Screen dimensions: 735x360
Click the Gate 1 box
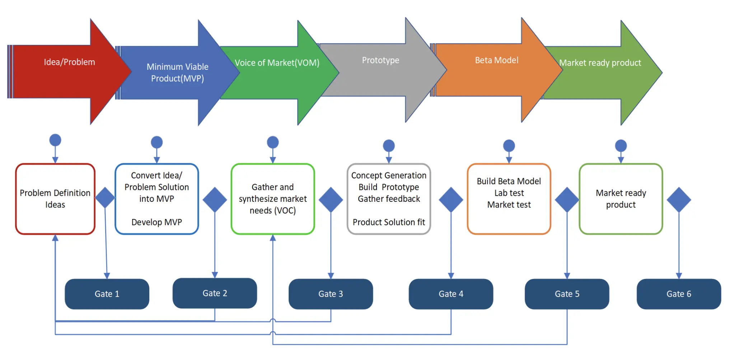107,294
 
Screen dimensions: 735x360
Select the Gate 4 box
451,294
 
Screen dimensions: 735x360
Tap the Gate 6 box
679,294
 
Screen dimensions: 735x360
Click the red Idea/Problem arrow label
70,62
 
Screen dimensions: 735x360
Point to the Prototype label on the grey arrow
380,60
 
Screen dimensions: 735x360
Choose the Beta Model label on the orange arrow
497,60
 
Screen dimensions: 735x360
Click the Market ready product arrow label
600,63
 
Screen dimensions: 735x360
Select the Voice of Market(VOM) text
277,63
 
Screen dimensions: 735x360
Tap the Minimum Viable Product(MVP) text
177,73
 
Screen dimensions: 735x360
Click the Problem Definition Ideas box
55,199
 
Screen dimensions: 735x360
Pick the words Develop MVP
157,222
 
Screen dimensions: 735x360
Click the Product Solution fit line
389,222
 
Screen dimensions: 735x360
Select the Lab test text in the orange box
509,193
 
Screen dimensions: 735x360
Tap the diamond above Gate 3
331,200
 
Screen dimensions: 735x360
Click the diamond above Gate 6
679,200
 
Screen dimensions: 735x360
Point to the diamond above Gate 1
105,197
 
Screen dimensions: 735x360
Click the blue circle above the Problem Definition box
55,140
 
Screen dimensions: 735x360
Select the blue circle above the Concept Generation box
389,146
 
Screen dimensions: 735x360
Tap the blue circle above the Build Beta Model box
509,146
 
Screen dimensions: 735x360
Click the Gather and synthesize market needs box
273,199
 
